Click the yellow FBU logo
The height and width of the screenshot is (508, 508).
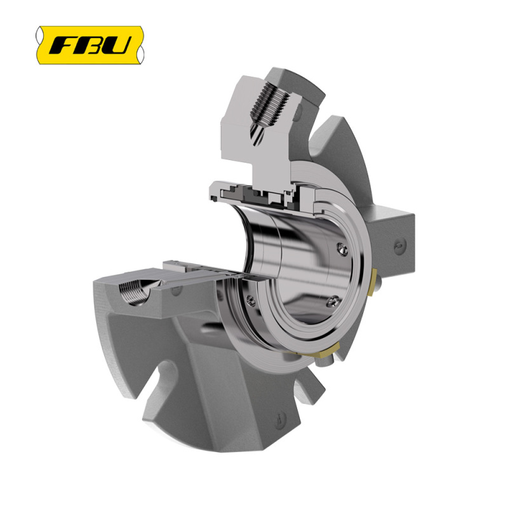click(90, 45)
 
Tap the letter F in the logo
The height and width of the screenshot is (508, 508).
click(62, 45)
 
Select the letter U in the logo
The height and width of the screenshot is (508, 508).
click(119, 45)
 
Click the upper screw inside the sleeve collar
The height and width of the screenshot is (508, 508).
click(342, 249)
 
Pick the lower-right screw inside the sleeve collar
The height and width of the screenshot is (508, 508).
click(332, 303)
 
